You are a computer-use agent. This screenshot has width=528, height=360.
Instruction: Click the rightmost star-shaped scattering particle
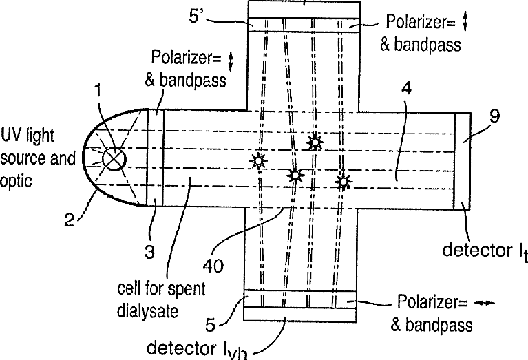tap(342, 181)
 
